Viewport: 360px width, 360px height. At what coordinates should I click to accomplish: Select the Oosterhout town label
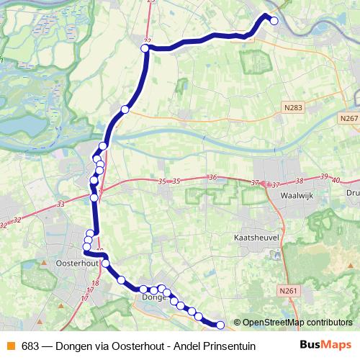click(x=76, y=264)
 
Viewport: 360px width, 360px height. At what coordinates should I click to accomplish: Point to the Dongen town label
click(x=154, y=296)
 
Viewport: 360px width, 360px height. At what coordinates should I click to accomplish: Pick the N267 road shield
click(x=348, y=119)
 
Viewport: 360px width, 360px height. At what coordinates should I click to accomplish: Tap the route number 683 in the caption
click(x=30, y=346)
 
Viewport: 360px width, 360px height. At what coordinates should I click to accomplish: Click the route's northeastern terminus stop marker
click(x=274, y=21)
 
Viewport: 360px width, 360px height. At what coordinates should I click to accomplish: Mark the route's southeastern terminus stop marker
click(x=220, y=325)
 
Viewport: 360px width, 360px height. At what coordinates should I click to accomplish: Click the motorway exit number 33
click(x=59, y=204)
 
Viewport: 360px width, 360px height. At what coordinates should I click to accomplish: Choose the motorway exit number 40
click(x=335, y=179)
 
